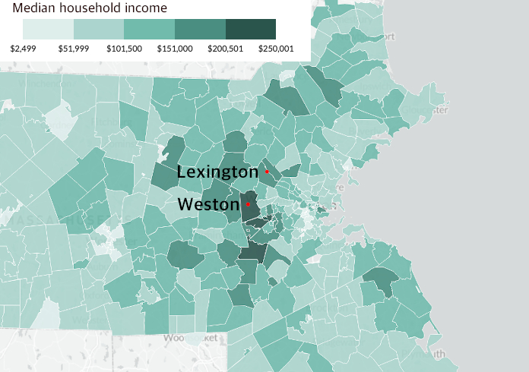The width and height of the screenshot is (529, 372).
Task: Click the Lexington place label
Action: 217,172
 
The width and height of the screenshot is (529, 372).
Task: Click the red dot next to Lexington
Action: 267,172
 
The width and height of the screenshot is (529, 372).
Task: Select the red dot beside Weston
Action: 248,204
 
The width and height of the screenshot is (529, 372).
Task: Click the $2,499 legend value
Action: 24,48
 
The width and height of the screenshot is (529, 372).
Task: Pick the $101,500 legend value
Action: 124,48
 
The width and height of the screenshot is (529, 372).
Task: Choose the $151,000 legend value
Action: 175,48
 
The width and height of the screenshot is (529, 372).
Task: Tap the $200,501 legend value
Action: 226,48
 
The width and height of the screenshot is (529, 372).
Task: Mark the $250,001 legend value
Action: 276,48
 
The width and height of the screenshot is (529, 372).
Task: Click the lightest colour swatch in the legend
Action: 48,29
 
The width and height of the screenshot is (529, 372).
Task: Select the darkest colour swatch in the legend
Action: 251,29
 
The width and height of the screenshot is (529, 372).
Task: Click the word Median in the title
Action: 24,8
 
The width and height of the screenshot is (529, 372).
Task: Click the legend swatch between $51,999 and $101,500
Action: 99,29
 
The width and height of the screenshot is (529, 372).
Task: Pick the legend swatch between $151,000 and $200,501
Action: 200,29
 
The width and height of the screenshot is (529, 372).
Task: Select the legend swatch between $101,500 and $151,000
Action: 149,29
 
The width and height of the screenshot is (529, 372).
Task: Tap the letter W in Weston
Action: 185,204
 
